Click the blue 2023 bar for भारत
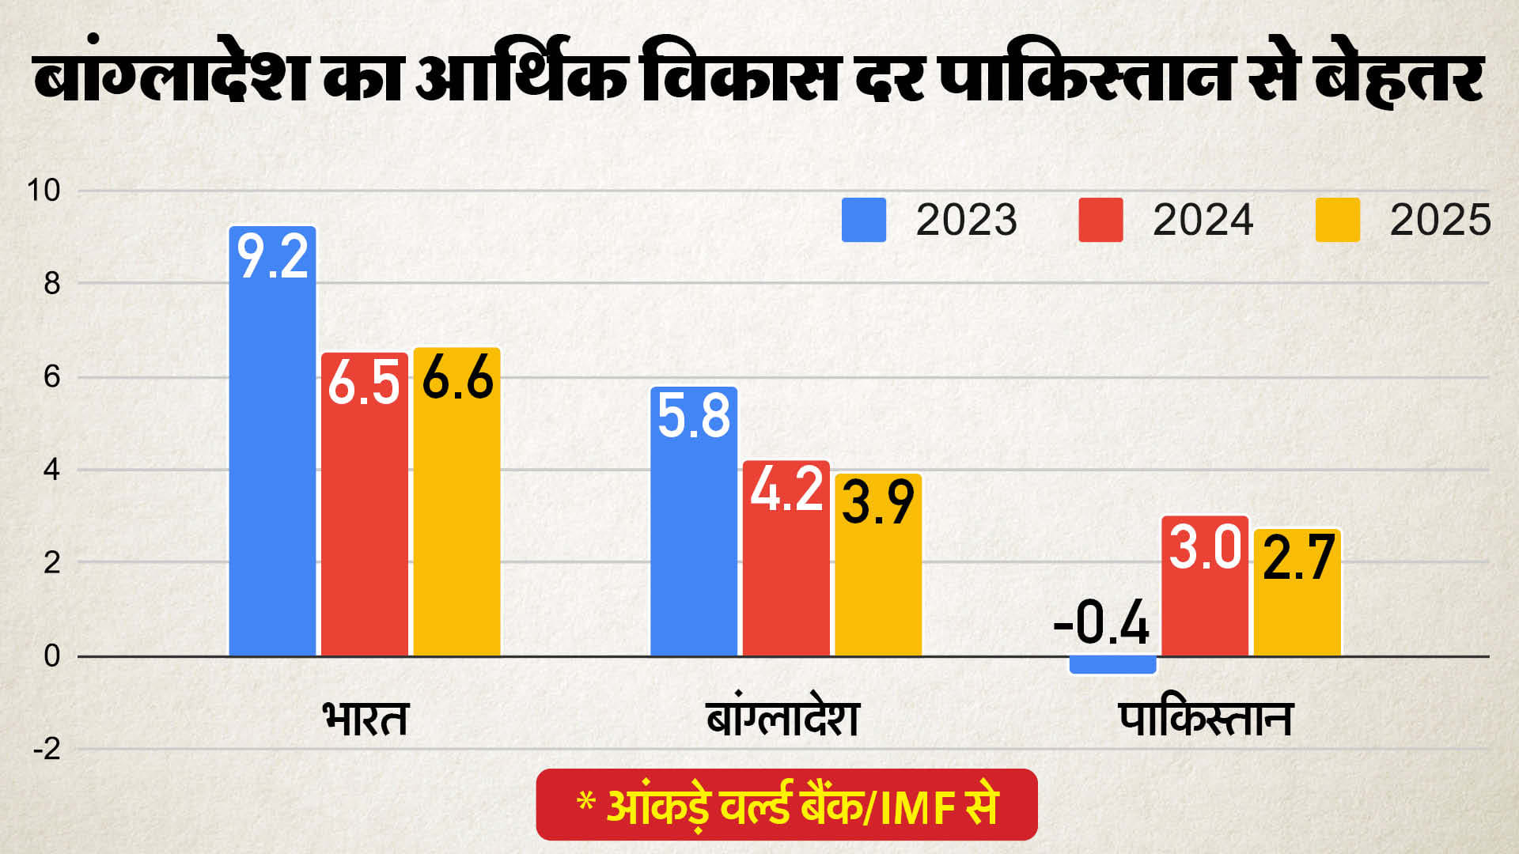point(272,441)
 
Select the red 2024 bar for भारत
point(365,504)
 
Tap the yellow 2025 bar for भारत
point(457,502)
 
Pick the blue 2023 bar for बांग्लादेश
point(694,522)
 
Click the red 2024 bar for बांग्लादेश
point(786,558)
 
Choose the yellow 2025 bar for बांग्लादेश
point(878,565)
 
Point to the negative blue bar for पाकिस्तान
point(1113,664)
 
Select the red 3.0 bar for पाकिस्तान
point(1205,586)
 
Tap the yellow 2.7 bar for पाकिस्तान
point(1297,592)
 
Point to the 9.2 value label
point(273,256)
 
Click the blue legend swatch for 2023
point(864,220)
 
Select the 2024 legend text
point(1203,220)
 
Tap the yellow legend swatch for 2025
point(1338,220)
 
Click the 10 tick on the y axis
point(44,191)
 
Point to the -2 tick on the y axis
point(47,749)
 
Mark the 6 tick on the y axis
point(52,377)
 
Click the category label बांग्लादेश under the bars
point(782,716)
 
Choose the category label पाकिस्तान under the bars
point(1206,718)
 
